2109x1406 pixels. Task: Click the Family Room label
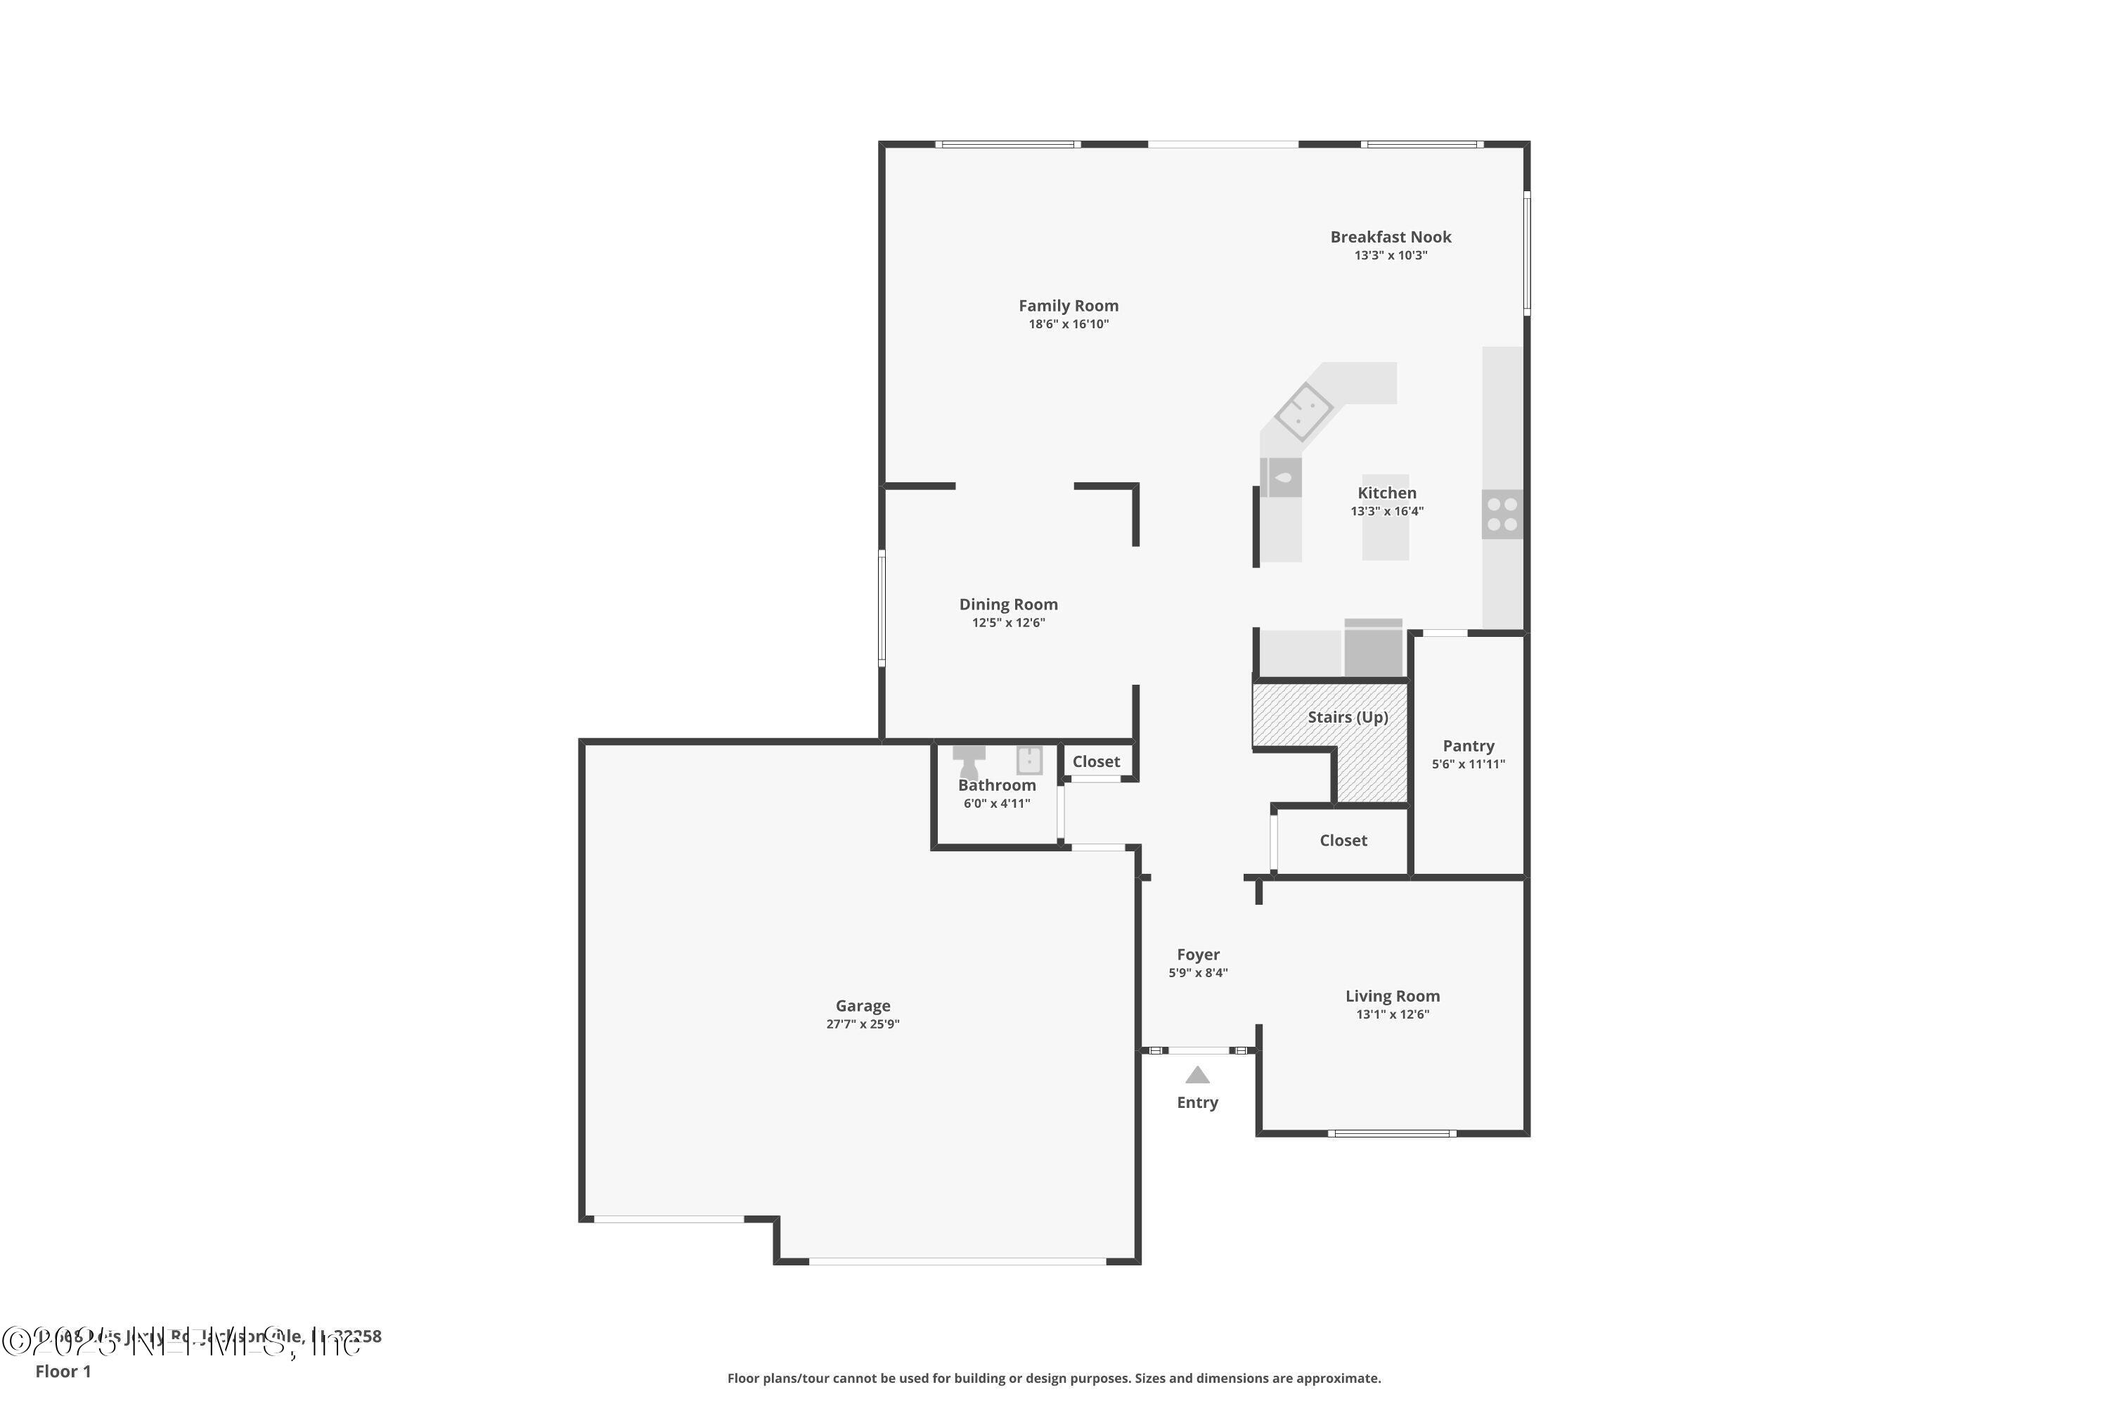(1068, 306)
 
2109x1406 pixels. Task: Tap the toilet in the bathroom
(969, 762)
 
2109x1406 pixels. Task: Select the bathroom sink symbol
(1029, 761)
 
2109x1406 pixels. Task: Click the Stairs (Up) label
(1347, 717)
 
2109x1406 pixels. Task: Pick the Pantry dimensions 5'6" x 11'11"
(1468, 765)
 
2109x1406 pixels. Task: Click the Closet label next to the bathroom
(1096, 761)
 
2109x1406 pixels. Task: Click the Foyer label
(1198, 955)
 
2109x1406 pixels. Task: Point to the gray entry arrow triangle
(1197, 1075)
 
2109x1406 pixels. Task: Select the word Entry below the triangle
(1197, 1103)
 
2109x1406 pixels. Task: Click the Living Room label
(1392, 996)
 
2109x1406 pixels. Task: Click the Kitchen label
(1386, 494)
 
